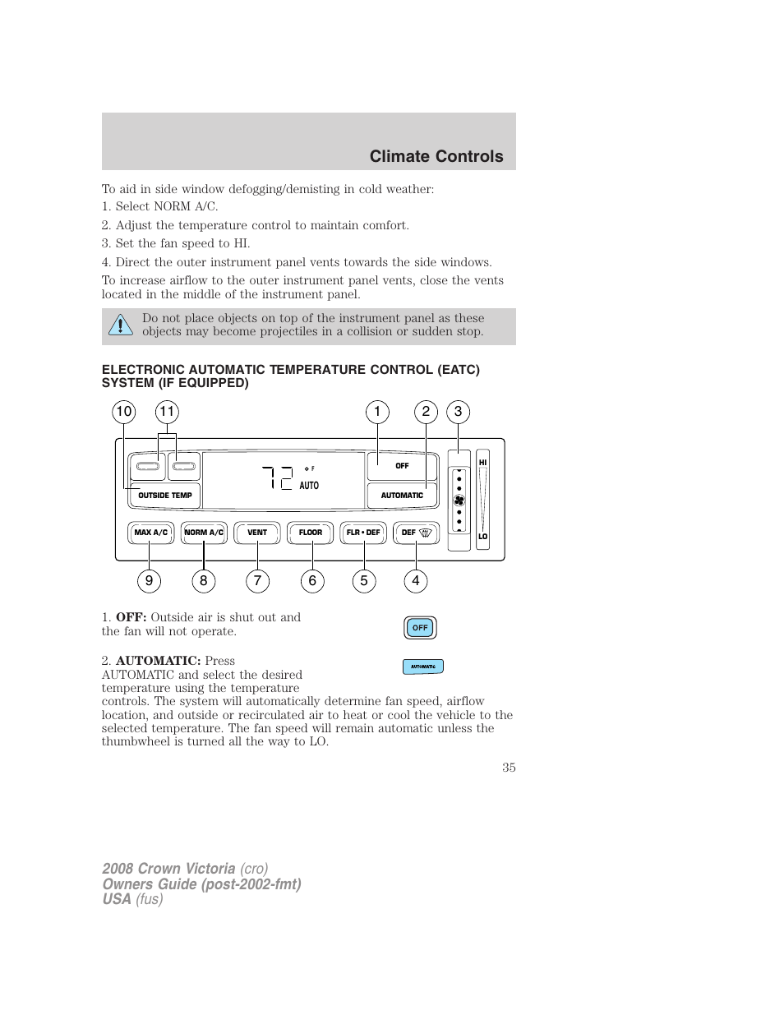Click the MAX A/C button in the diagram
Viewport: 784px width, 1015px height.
tap(150, 533)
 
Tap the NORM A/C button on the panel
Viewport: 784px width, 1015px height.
tap(204, 533)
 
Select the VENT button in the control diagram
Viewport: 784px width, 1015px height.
tap(257, 533)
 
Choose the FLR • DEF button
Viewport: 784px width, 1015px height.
tap(363, 533)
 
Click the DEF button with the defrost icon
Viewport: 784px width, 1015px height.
tap(416, 533)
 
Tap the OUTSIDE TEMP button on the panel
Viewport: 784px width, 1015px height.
tap(164, 496)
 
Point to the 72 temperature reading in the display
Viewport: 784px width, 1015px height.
tap(278, 478)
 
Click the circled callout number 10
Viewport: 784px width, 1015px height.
tap(123, 412)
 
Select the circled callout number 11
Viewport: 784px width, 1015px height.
tap(167, 412)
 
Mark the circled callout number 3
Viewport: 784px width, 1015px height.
tap(458, 412)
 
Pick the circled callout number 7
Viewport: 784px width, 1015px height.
tap(257, 581)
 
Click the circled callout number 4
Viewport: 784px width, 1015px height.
tap(416, 581)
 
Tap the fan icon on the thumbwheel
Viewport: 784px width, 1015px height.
tap(459, 501)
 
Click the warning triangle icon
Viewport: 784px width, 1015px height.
tap(120, 326)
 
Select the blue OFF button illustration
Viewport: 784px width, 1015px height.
tap(420, 628)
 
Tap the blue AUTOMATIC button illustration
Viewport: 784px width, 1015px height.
tap(423, 667)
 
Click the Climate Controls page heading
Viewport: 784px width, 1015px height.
tap(436, 156)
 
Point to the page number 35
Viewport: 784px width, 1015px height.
tap(509, 767)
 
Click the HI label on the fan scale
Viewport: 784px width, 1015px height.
tap(483, 463)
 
